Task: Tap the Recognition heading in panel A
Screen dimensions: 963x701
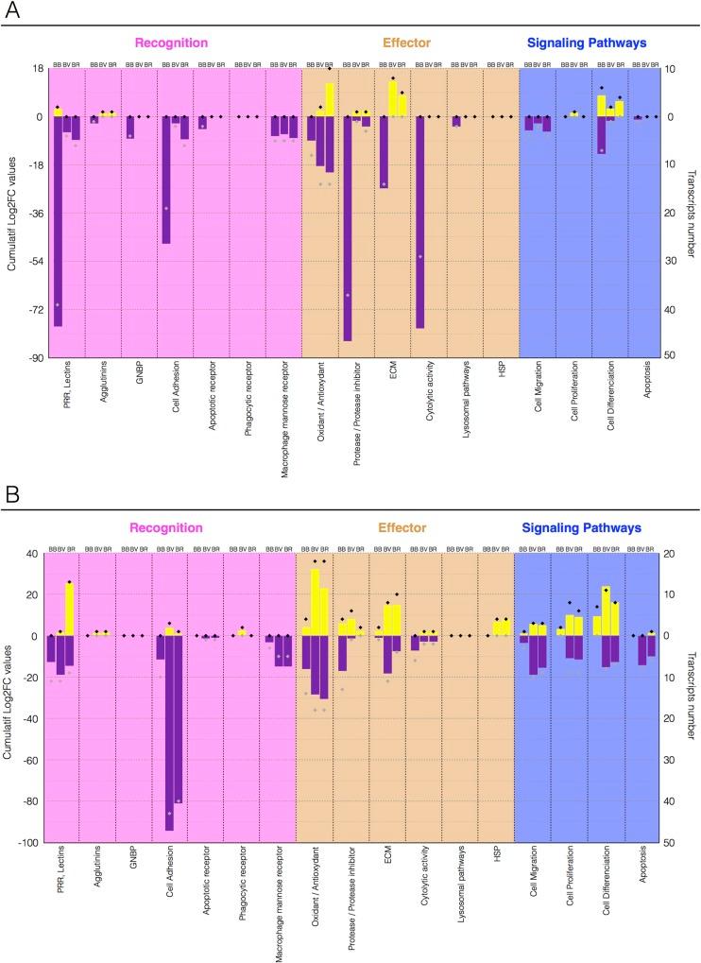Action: coord(171,43)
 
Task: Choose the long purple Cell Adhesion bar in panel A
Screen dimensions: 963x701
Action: coord(166,180)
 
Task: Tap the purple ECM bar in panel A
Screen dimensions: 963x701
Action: coord(384,152)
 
